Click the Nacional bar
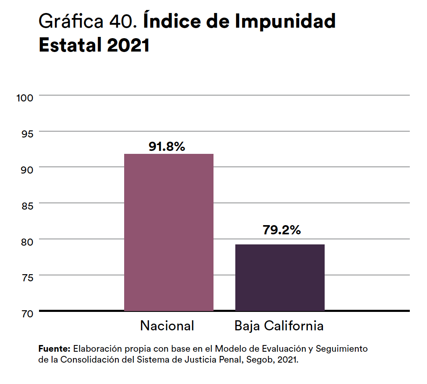coord(169,232)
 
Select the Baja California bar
coord(280,277)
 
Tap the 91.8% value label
coord(167,146)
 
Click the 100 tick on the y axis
coord(24,98)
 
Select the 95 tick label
coord(26,134)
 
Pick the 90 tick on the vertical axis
coord(26,170)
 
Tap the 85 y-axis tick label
coord(26,205)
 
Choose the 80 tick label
coord(26,241)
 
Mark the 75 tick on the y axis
coord(26,278)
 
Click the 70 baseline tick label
coord(26,313)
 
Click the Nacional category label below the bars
coord(167,326)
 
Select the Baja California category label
coord(279,326)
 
